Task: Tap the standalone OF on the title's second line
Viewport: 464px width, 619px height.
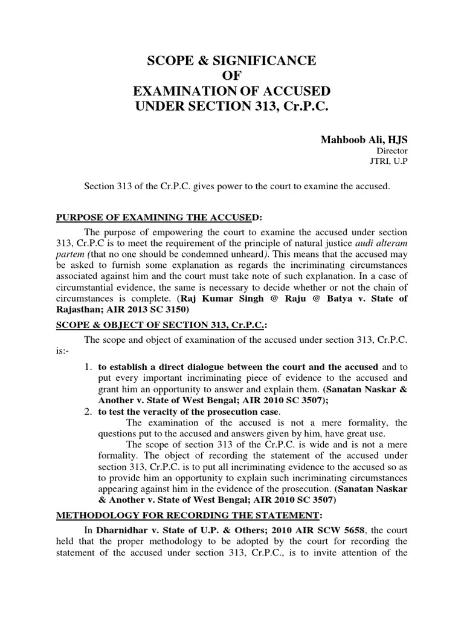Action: pos(232,76)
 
